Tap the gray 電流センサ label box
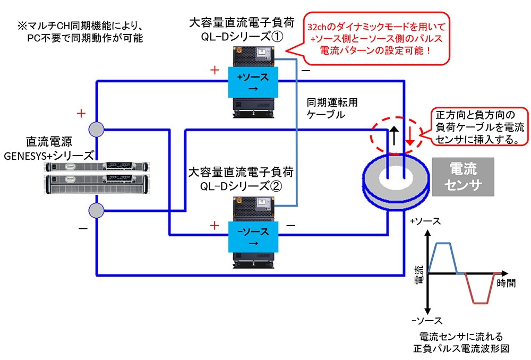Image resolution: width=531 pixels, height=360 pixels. tap(463, 177)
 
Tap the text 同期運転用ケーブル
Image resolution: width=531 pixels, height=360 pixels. tap(326, 108)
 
